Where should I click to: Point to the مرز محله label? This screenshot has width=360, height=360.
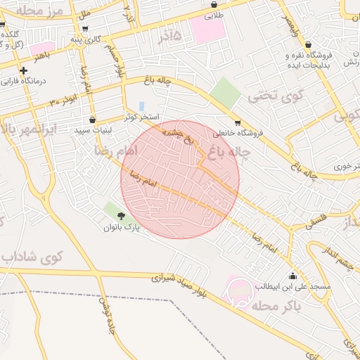click(x=39, y=11)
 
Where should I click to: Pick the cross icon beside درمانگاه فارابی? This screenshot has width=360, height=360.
click(x=24, y=70)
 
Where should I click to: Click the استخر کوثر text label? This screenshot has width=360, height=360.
click(x=143, y=117)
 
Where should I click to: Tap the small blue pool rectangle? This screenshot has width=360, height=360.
click(x=141, y=106)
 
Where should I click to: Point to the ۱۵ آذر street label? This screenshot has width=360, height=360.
click(x=169, y=34)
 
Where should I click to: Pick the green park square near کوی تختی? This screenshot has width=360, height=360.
click(x=225, y=92)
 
